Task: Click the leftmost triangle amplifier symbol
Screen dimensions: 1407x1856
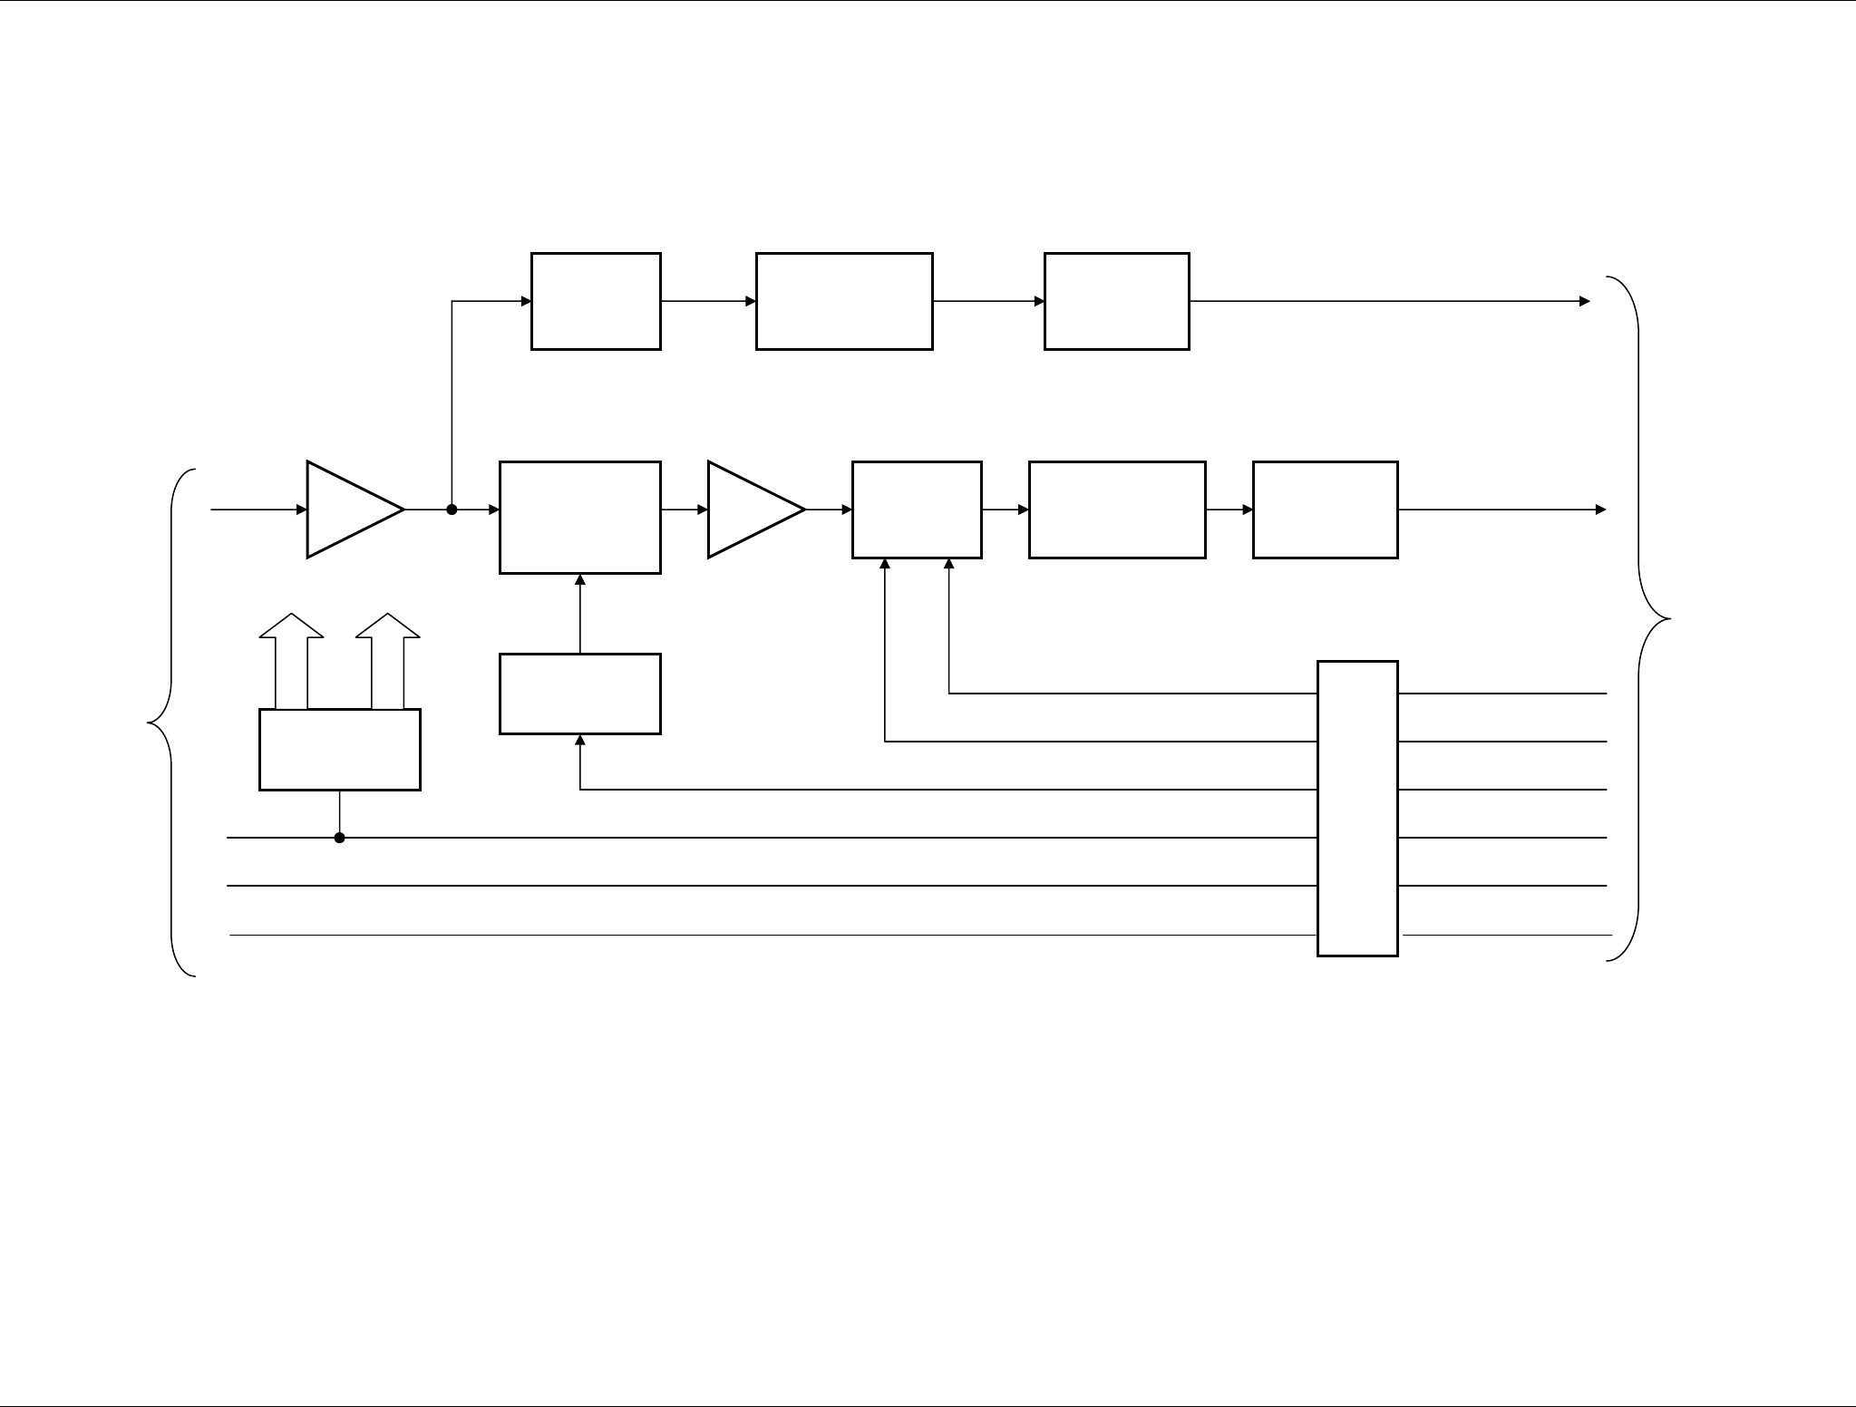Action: [x=349, y=509]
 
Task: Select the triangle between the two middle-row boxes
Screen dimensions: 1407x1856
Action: [x=749, y=509]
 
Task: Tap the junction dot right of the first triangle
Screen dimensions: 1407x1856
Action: [x=452, y=509]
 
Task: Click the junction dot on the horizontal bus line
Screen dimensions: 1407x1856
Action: [x=340, y=838]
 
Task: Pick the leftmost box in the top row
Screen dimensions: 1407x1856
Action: [x=596, y=301]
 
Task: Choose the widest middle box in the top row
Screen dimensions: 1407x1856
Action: [x=844, y=301]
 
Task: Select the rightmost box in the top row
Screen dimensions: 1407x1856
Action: [x=1116, y=301]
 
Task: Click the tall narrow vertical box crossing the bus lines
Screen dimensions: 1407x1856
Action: [x=1356, y=808]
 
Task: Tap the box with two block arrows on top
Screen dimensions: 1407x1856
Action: [x=340, y=749]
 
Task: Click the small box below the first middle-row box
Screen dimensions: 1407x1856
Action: [x=579, y=694]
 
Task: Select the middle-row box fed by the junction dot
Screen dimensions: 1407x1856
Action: [x=579, y=517]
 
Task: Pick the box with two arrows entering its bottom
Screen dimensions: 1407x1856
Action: [x=917, y=509]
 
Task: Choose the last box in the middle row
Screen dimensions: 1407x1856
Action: [x=1325, y=509]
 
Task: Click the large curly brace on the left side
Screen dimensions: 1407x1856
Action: [x=168, y=723]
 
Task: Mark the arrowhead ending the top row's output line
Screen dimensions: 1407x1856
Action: [x=1585, y=301]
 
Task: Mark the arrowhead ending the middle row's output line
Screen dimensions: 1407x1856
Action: [x=1601, y=509]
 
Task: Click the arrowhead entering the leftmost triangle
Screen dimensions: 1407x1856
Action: [x=302, y=509]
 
